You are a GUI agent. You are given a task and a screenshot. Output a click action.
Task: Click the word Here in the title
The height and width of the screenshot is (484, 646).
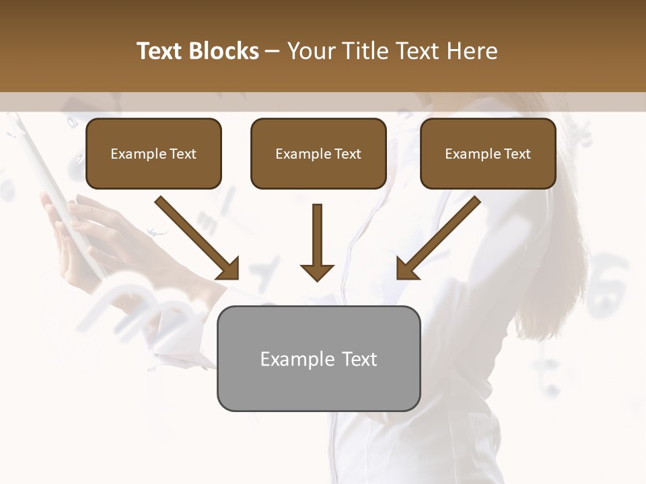click(472, 51)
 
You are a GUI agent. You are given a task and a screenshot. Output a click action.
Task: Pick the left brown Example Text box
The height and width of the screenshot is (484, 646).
click(153, 153)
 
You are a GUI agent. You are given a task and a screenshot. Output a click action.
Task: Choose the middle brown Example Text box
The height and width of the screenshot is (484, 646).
click(318, 153)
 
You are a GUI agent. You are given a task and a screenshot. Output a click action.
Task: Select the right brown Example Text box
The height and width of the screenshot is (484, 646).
click(488, 153)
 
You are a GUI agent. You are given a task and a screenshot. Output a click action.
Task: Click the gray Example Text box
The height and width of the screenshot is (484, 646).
click(318, 358)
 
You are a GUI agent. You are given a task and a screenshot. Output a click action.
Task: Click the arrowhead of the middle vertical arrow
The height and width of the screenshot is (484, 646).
click(317, 272)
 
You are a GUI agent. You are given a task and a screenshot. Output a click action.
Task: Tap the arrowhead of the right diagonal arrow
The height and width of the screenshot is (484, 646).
click(406, 269)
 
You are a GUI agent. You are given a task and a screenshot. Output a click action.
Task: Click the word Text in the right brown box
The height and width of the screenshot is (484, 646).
click(517, 154)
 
